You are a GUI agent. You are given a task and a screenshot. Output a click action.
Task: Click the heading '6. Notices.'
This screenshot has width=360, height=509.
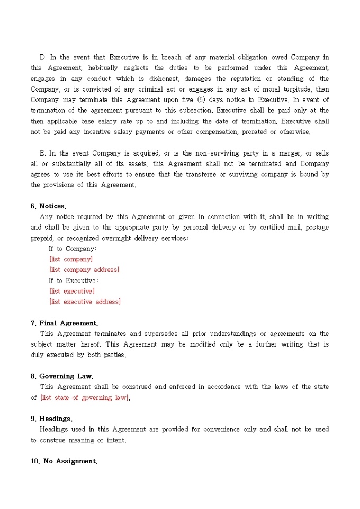pyautogui.click(x=49, y=206)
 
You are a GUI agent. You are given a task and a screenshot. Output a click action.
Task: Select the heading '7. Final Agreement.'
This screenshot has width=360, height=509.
pyautogui.click(x=64, y=323)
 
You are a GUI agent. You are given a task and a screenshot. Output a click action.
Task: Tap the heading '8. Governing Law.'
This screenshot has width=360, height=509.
pyautogui.click(x=62, y=376)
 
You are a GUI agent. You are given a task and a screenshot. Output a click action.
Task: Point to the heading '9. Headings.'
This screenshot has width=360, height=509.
pyautogui.click(x=52, y=419)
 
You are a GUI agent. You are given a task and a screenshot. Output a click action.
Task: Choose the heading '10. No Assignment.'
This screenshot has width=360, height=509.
pyautogui.click(x=64, y=461)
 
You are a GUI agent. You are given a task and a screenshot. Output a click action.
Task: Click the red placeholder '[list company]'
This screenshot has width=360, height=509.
pyautogui.click(x=71, y=259)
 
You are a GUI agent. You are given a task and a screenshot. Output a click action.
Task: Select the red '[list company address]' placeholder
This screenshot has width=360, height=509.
pyautogui.click(x=84, y=270)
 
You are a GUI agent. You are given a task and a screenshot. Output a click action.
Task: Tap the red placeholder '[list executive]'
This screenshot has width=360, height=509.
pyautogui.click(x=72, y=291)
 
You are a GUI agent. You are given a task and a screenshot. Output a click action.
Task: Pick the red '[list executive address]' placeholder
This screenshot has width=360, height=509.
pyautogui.click(x=85, y=302)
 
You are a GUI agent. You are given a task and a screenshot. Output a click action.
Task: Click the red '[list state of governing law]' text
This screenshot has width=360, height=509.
pyautogui.click(x=85, y=397)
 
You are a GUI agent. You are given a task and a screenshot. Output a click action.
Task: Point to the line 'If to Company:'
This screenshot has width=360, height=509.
pyautogui.click(x=73, y=249)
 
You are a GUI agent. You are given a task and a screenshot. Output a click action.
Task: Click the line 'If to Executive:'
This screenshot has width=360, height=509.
pyautogui.click(x=74, y=280)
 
